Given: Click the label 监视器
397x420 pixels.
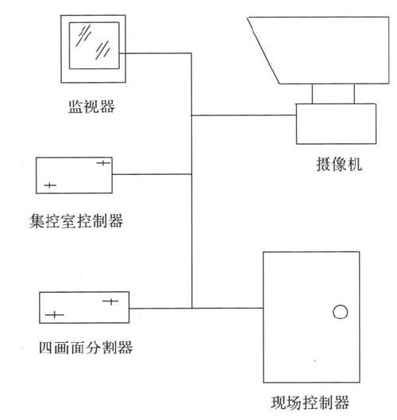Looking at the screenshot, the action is (x=91, y=107).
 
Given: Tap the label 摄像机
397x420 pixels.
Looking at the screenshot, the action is (x=339, y=164).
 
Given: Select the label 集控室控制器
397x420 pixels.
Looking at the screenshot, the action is (x=76, y=221).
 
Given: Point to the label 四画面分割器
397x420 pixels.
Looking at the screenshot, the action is (x=86, y=348).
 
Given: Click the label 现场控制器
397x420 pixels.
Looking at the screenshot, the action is (x=310, y=402).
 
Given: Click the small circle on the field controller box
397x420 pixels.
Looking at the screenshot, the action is (x=340, y=312).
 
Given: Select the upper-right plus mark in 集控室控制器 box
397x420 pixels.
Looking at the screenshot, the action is (x=103, y=162).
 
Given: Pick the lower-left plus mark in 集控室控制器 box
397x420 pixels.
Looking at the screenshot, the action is (x=50, y=185).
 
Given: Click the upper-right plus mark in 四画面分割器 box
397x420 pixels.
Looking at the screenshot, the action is (x=110, y=301).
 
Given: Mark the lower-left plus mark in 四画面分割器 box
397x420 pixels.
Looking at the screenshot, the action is (x=55, y=314).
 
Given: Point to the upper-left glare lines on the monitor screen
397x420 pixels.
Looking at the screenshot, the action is (x=83, y=36).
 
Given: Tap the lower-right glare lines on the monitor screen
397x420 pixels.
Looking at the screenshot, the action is (x=102, y=50).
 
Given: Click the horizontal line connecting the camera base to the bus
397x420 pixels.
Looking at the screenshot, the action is (x=244, y=115).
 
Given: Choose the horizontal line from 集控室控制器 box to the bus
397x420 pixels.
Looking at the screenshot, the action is (x=152, y=174).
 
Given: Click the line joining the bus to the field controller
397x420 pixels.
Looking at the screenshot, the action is (x=228, y=309).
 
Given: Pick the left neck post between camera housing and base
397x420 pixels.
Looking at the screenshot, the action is (x=312, y=94).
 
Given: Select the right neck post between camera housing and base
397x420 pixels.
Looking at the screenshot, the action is (x=354, y=94).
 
